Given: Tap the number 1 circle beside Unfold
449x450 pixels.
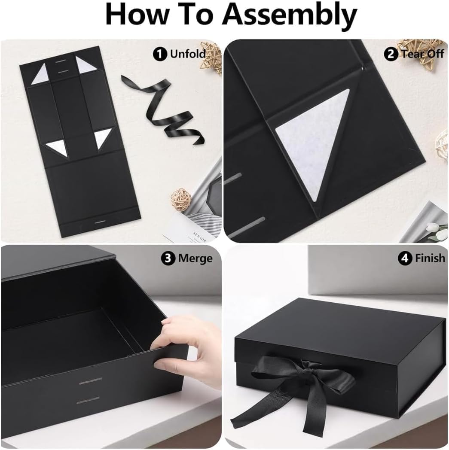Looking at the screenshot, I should (x=161, y=54).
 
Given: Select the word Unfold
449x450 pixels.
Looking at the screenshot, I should (x=187, y=54).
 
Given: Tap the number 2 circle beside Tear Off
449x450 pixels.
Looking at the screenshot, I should (x=391, y=54).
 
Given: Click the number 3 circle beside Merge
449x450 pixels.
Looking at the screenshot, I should (x=168, y=258).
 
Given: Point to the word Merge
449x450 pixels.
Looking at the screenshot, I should (x=195, y=258).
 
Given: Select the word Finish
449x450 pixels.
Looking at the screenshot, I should (x=430, y=258).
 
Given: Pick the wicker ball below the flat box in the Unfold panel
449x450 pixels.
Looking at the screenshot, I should (x=180, y=198).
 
